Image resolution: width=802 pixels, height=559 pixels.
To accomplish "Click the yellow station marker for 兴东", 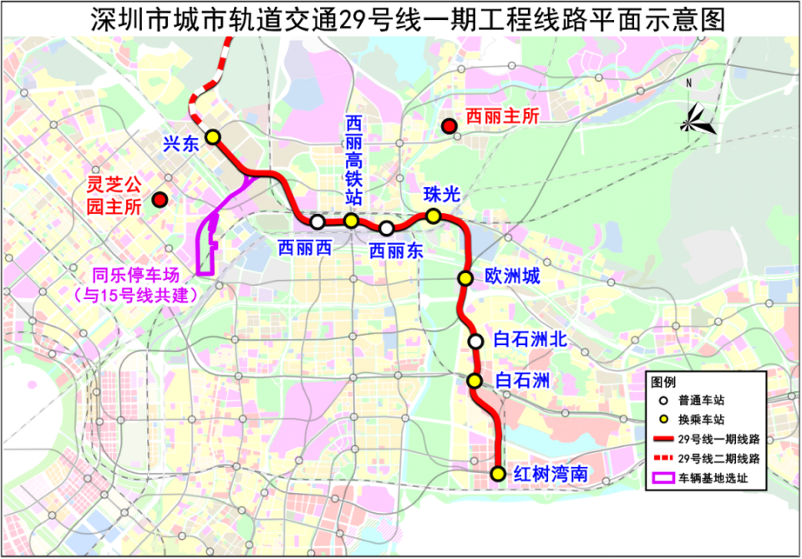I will [213, 136].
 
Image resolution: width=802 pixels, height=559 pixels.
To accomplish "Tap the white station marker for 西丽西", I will [317, 222].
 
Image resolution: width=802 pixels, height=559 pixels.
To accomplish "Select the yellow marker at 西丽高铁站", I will [352, 221].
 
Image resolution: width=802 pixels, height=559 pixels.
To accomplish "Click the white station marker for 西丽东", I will [386, 228].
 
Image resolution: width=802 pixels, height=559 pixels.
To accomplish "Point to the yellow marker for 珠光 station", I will [434, 216].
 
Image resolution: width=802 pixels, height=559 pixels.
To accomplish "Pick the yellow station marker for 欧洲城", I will [465, 278].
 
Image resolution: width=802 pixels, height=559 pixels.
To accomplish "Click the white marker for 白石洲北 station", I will [475, 341].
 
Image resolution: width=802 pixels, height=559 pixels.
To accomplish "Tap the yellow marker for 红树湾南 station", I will [498, 474].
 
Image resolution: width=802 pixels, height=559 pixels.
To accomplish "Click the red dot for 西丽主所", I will [449, 127].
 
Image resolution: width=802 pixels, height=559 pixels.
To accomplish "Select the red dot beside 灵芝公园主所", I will [159, 200].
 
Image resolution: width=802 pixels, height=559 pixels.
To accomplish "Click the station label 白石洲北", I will [530, 340].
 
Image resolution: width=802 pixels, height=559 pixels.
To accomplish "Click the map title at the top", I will [401, 18].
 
